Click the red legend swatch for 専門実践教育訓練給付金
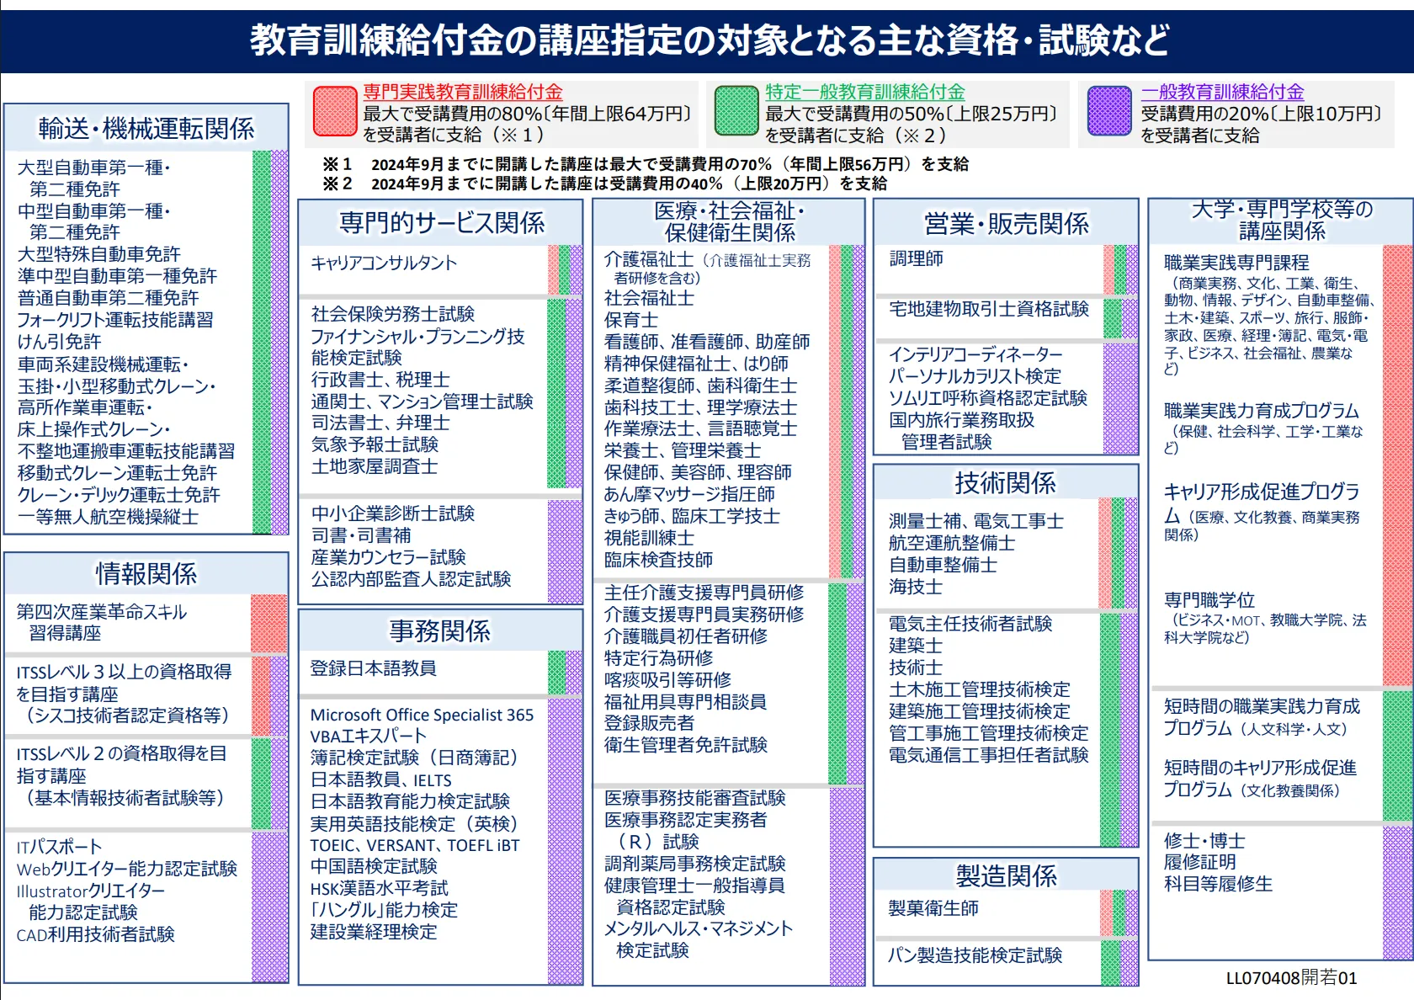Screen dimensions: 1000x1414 click(335, 111)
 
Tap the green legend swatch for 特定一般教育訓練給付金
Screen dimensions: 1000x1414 click(736, 111)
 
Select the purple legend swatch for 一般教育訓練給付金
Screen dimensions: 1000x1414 click(1109, 111)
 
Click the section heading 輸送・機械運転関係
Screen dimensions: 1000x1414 click(146, 129)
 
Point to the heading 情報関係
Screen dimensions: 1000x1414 click(146, 574)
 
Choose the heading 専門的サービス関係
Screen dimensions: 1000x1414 click(441, 223)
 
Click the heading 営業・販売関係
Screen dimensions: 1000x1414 click(1006, 224)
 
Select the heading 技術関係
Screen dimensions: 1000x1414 click(1005, 483)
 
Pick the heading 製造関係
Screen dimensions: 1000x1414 click(1006, 876)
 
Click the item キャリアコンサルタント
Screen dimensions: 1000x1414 click(384, 263)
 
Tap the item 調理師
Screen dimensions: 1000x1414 click(917, 259)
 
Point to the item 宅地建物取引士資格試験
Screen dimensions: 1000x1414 click(989, 309)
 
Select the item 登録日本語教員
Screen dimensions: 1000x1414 click(373, 668)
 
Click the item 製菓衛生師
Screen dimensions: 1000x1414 click(933, 908)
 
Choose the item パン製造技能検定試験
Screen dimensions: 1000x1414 click(975, 955)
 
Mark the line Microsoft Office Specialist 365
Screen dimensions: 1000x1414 click(422, 715)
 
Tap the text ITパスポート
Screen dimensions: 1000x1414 click(59, 847)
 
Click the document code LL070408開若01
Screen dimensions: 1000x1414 click(1291, 978)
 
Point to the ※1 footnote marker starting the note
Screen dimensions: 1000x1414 click(337, 164)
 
